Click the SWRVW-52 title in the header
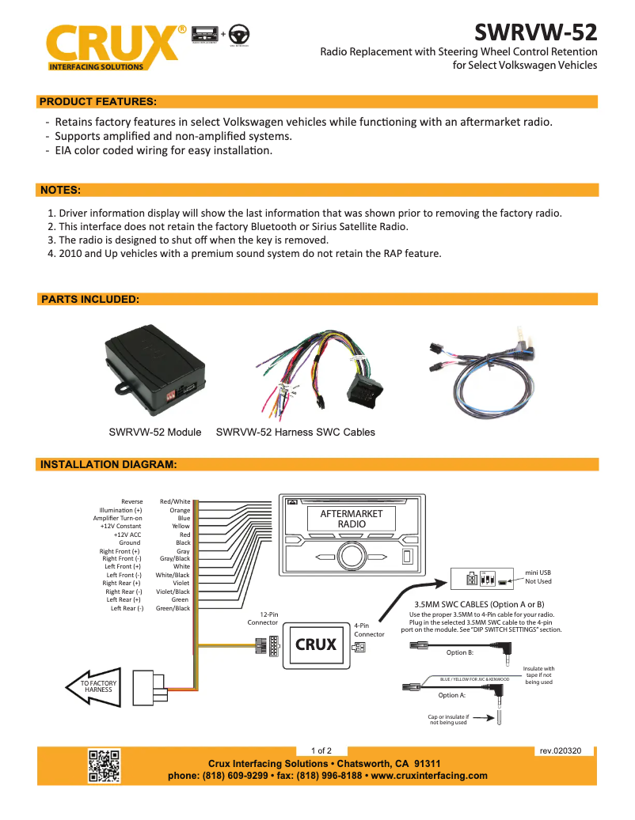click(x=535, y=32)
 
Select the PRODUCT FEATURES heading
click(x=97, y=102)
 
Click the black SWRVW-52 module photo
click(x=154, y=368)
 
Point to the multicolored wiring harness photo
click(x=321, y=372)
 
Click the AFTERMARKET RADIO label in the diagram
click(x=351, y=519)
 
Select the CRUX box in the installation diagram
click(x=316, y=644)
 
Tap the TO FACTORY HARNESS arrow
click(x=93, y=686)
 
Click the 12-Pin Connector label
click(x=263, y=618)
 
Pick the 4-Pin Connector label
click(x=369, y=629)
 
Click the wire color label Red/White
click(x=175, y=501)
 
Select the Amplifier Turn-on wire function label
click(x=117, y=518)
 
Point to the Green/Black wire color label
click(x=173, y=608)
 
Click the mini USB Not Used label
click(x=538, y=576)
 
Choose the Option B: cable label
click(x=459, y=652)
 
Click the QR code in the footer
click(x=103, y=765)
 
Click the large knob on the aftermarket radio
click(x=351, y=556)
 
